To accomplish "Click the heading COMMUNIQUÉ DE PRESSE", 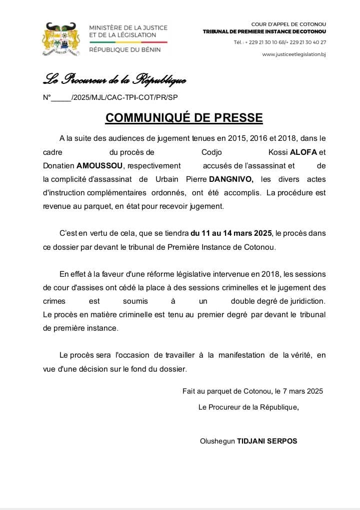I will (x=184, y=118).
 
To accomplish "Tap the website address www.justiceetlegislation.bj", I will (x=294, y=54).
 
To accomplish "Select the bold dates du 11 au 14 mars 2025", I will (x=231, y=233).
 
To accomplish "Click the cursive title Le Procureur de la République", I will (x=114, y=79).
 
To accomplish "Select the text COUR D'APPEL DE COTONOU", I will (x=288, y=24).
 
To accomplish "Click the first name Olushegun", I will (x=217, y=441).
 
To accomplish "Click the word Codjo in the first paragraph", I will (x=211, y=152).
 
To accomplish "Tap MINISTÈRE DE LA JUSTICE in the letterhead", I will (x=128, y=27).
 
